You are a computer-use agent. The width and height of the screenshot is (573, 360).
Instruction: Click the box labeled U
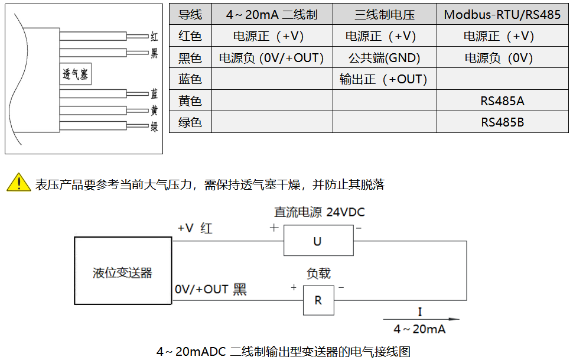[318, 241]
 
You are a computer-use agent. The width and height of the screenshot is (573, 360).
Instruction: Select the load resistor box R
[318, 300]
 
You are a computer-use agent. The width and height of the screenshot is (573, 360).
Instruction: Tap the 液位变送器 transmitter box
[122, 273]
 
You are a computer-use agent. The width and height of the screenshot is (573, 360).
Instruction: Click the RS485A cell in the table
[502, 101]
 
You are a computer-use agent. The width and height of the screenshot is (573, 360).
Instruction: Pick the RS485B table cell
[502, 122]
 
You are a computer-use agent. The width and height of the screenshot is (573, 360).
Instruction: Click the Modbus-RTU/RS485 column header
[502, 15]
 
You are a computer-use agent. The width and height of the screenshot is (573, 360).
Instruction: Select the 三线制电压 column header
[385, 15]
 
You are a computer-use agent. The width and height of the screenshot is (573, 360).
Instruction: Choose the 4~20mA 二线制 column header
[272, 15]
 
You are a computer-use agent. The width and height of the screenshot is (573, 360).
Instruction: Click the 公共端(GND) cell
[385, 58]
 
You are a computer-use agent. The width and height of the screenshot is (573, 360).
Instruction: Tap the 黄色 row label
[190, 101]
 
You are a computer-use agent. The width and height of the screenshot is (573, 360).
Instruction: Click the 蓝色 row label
[190, 79]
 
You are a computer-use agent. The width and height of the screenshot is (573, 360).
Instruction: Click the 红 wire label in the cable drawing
[154, 37]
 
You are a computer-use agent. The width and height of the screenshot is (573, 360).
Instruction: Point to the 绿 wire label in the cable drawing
[154, 127]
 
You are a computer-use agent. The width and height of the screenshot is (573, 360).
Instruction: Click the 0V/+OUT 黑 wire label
[210, 290]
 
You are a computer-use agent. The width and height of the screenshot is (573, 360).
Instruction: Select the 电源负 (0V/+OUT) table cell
[272, 58]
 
